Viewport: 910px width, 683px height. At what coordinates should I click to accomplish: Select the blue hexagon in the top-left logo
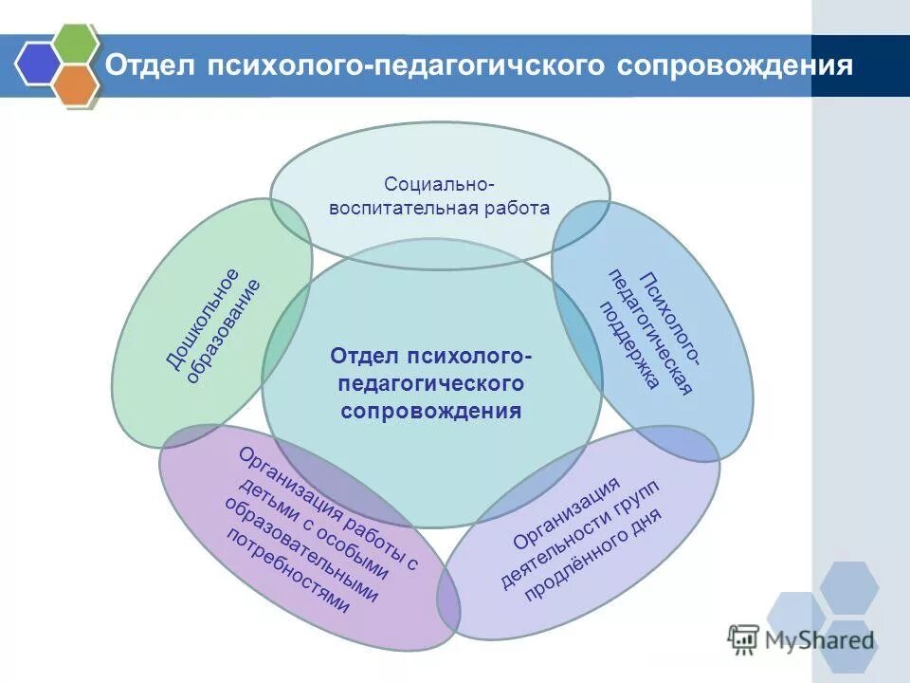[x=36, y=64]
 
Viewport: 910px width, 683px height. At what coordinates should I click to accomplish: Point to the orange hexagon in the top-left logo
[x=76, y=84]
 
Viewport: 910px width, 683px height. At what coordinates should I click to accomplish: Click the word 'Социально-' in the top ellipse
[x=439, y=182]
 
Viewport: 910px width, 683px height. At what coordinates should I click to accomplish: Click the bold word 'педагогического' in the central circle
[x=431, y=383]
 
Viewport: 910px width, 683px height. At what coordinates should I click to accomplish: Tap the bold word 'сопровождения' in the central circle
[x=431, y=411]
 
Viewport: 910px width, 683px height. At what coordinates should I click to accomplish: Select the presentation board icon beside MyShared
[x=744, y=639]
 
